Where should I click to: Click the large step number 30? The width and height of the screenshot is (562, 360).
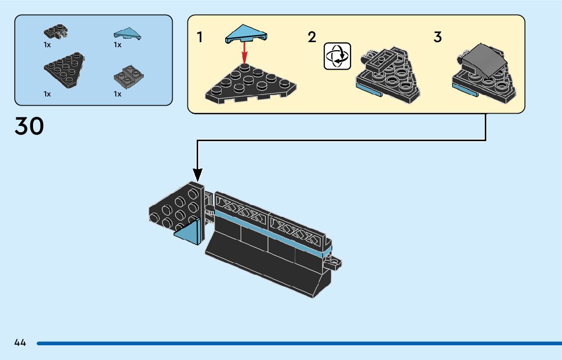coord(29,126)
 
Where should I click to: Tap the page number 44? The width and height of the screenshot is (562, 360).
coord(20,343)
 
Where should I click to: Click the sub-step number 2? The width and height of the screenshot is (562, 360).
coord(312,37)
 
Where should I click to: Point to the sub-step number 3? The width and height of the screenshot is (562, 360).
coord(438,37)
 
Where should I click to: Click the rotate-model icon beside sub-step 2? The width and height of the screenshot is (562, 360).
coord(337,55)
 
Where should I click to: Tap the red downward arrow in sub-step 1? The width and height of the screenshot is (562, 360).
coord(244,52)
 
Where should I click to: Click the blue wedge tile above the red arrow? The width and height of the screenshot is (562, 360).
coord(245,34)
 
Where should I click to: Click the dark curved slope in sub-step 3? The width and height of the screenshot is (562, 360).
coord(484,59)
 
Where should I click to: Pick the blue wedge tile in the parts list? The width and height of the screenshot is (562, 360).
coord(127,34)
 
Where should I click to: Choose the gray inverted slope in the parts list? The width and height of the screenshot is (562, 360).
coord(126,76)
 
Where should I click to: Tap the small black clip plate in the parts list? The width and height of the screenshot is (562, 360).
coord(56,32)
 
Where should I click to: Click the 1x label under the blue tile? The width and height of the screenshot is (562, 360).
coord(117,45)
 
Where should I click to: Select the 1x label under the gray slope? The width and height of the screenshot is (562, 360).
coord(117,94)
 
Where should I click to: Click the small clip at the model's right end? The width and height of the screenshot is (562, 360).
coord(335,264)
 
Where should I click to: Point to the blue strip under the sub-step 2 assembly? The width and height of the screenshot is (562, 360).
coord(369,91)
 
